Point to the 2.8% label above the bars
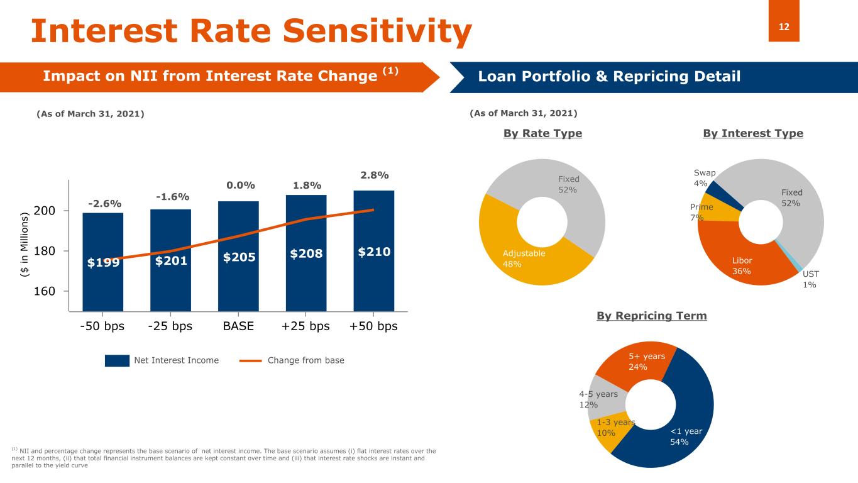(374, 174)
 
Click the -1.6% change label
(171, 197)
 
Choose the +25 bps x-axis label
(305, 327)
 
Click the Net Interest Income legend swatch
(117, 360)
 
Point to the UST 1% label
(810, 279)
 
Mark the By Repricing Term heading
(651, 316)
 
